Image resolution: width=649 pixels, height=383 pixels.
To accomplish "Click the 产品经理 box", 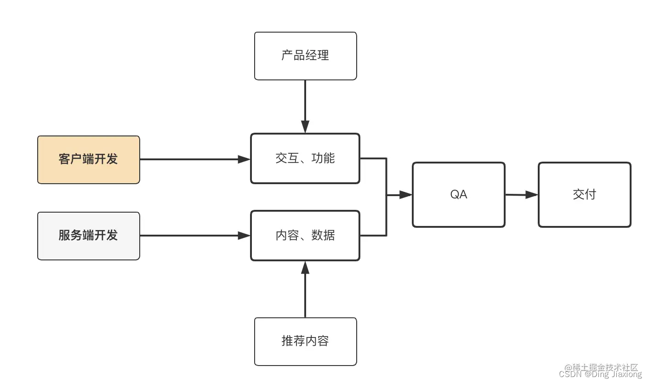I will [x=305, y=56].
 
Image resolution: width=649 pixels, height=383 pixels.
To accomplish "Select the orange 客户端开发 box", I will [x=88, y=159].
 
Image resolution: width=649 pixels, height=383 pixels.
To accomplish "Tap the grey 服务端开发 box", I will [x=88, y=236].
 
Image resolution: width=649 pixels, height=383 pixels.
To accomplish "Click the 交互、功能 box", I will [x=305, y=158].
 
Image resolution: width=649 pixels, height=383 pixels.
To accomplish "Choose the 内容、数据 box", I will [x=305, y=236].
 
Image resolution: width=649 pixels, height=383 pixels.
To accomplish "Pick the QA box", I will [x=458, y=195].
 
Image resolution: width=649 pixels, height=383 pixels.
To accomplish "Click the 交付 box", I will [x=584, y=195].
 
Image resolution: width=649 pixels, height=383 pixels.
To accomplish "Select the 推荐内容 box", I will [x=305, y=341].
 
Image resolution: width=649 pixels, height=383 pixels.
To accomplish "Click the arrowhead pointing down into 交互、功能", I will [x=305, y=127].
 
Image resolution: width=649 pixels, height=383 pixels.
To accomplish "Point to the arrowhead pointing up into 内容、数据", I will [x=305, y=267].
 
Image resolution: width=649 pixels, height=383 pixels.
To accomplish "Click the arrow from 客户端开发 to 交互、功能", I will [x=193, y=159].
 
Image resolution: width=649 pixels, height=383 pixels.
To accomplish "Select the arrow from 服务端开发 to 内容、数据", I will [x=193, y=236].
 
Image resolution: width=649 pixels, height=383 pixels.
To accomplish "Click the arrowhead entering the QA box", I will [x=405, y=195].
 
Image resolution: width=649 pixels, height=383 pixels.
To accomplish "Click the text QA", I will [x=458, y=195].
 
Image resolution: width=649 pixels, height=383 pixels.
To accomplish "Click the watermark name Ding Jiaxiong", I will [x=614, y=374].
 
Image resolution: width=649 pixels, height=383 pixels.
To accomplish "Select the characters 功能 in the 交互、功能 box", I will [x=323, y=158].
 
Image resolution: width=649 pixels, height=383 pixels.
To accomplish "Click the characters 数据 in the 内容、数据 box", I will [x=323, y=236].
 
